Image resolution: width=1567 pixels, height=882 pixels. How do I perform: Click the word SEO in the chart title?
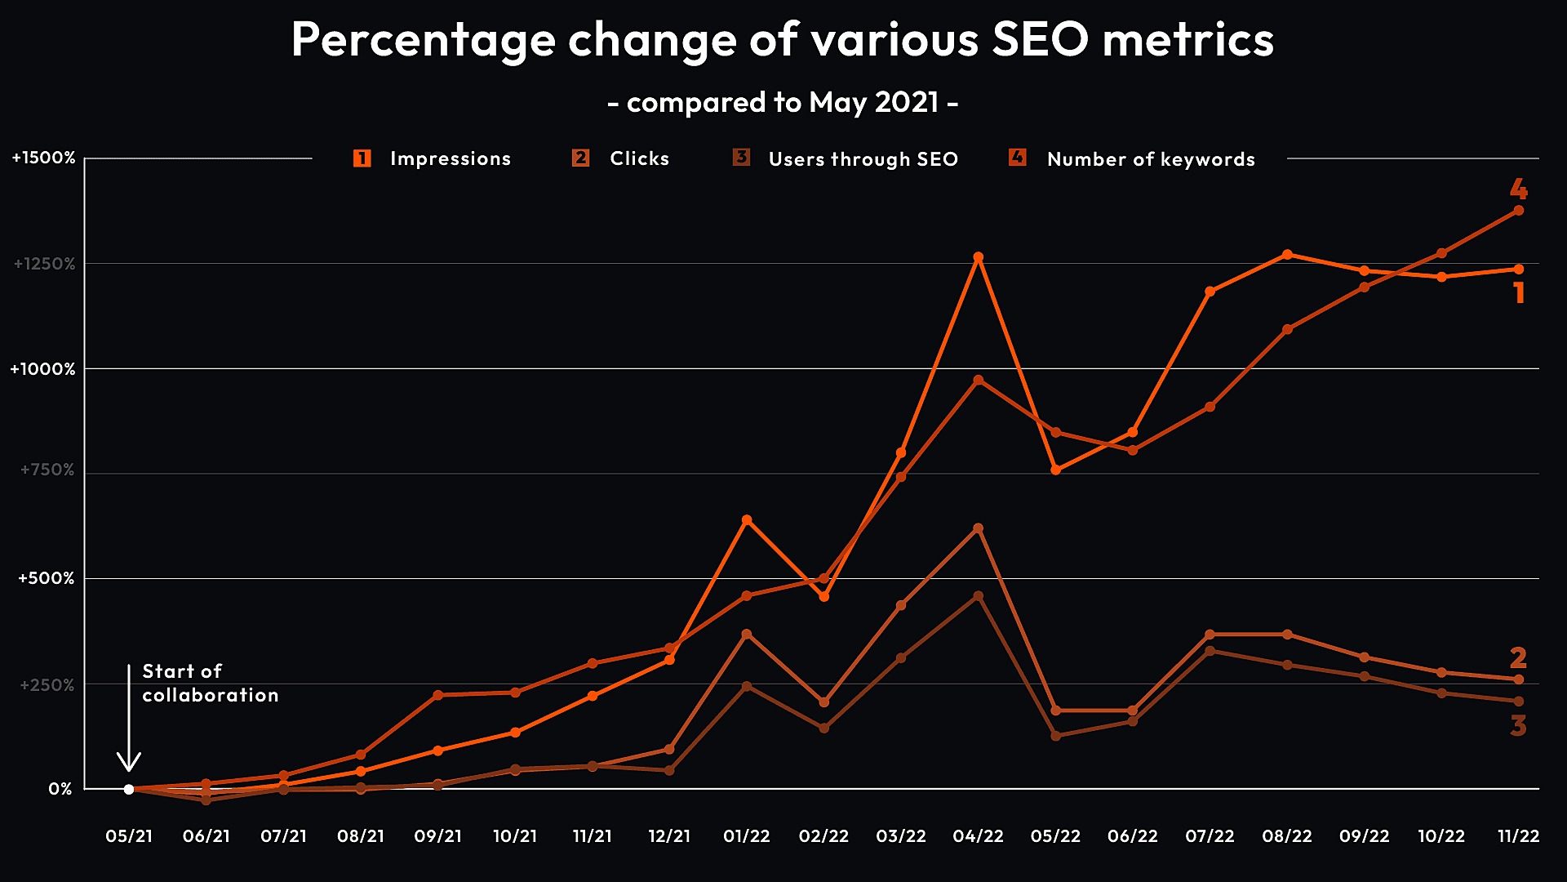[x=1040, y=39]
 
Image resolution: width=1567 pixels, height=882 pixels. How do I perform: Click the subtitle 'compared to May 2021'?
[x=783, y=102]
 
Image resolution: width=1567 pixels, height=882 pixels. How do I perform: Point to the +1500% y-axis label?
[x=44, y=158]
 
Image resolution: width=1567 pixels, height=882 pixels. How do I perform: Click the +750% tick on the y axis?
[x=47, y=470]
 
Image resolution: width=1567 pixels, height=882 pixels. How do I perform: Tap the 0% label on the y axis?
[x=60, y=789]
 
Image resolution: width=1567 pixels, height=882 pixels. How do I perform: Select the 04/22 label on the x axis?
[x=978, y=836]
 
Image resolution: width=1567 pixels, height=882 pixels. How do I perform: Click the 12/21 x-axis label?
[x=669, y=836]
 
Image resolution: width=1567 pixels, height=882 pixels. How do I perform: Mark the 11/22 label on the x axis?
[x=1518, y=836]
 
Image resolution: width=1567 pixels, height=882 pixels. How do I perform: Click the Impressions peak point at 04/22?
[x=979, y=257]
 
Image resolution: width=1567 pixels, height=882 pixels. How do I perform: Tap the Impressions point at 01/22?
[x=747, y=520]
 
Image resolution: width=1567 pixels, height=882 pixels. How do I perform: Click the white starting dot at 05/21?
[x=129, y=789]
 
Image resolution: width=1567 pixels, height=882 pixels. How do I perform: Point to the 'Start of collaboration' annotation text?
[x=210, y=683]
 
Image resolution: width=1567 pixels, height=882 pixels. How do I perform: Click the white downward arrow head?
[x=129, y=763]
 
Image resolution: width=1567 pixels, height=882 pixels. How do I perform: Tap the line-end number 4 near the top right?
[x=1518, y=189]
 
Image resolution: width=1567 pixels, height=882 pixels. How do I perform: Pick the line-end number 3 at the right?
[x=1518, y=725]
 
